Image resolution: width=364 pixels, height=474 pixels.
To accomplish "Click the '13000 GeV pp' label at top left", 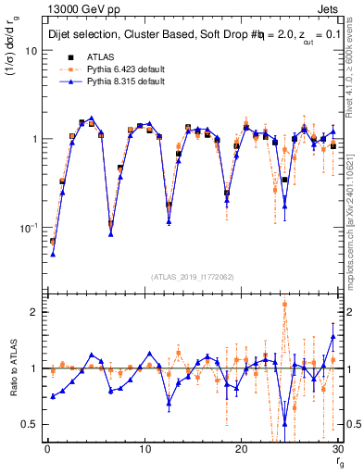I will pyautogui.click(x=75, y=8).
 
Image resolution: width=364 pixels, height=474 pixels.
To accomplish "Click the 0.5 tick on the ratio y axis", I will pyautogui.click(x=29, y=424).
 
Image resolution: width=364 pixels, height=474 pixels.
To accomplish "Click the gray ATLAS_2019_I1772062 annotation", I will pyautogui.click(x=192, y=277).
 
